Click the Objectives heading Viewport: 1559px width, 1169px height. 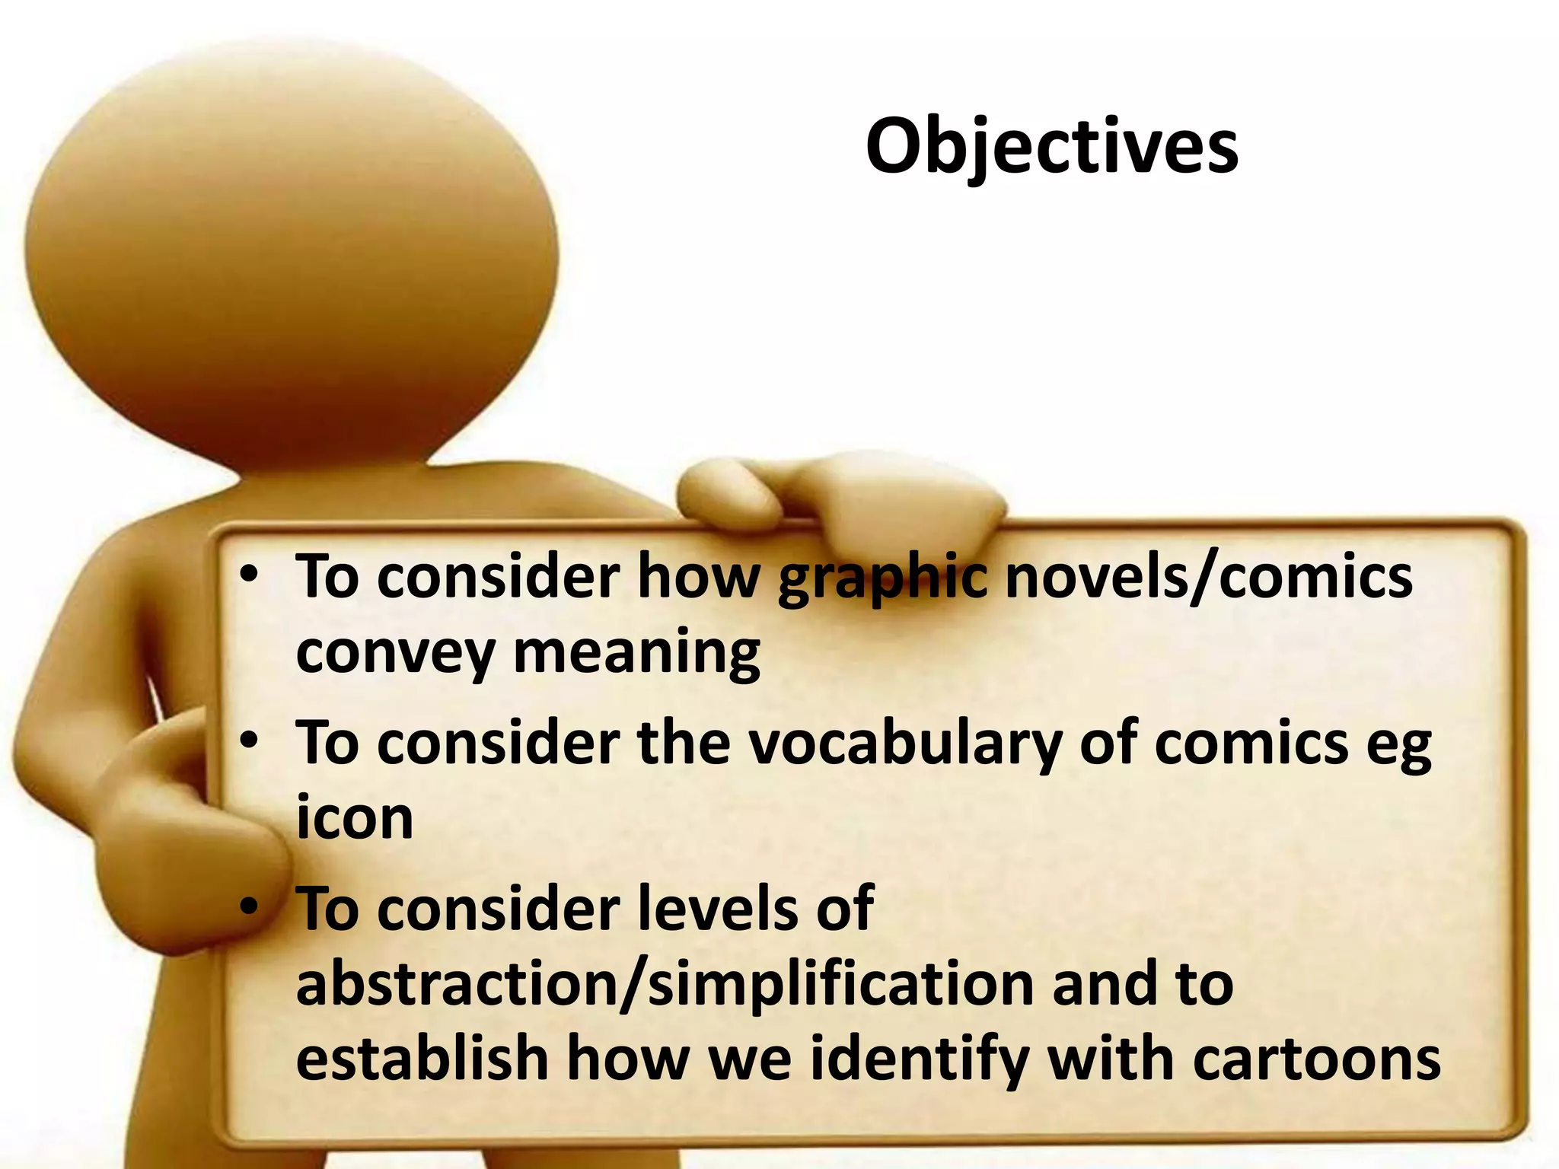click(x=1052, y=146)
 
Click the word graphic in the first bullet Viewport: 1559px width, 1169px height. click(x=883, y=578)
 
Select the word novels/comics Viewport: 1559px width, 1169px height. click(x=1209, y=577)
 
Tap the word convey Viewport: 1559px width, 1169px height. click(x=395, y=653)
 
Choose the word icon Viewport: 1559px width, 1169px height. click(x=355, y=817)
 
